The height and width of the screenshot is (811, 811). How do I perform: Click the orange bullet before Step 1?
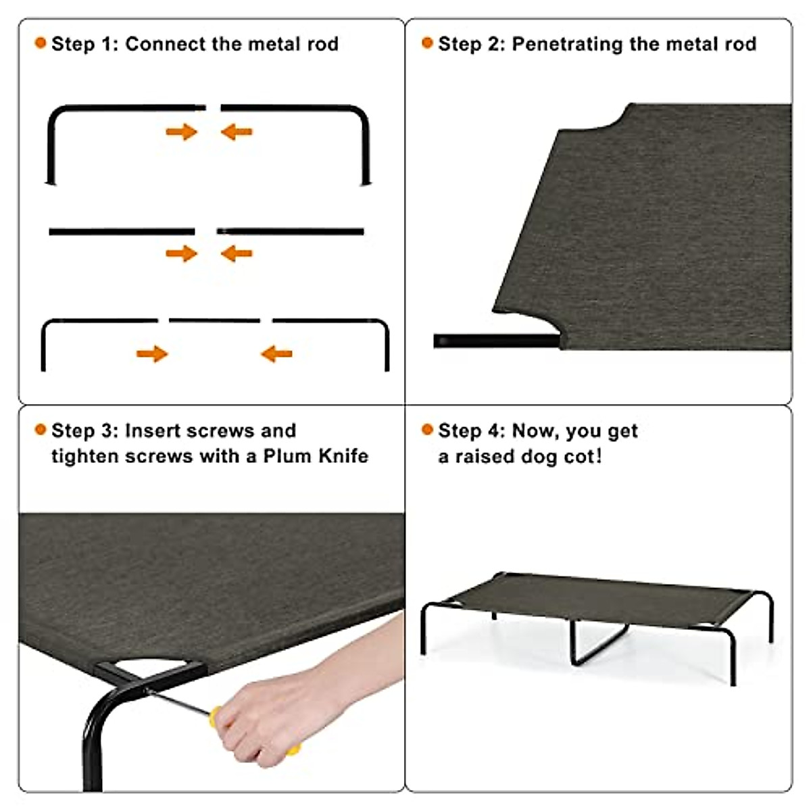click(x=41, y=43)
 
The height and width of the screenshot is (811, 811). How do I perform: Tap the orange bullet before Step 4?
click(x=427, y=430)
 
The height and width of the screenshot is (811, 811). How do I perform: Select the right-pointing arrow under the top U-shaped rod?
click(x=181, y=132)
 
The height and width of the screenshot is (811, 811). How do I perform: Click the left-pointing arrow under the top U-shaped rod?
click(x=237, y=132)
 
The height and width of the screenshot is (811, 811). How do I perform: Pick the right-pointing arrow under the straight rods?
click(x=181, y=254)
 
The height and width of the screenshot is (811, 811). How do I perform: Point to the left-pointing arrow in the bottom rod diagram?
click(x=276, y=353)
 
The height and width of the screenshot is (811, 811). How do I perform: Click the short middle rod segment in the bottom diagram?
click(x=214, y=320)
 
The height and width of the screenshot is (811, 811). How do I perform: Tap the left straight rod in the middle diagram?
click(x=122, y=232)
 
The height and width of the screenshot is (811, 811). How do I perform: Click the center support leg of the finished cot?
click(x=595, y=642)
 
